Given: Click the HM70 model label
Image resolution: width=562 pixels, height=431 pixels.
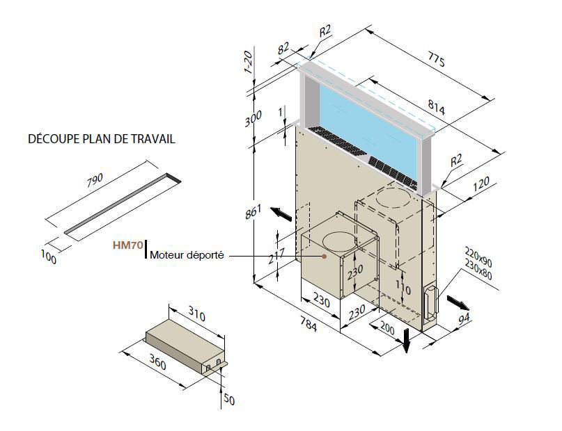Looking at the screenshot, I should pyautogui.click(x=127, y=245).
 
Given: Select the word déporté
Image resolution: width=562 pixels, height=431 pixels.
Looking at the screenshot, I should pyautogui.click(x=205, y=255).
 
